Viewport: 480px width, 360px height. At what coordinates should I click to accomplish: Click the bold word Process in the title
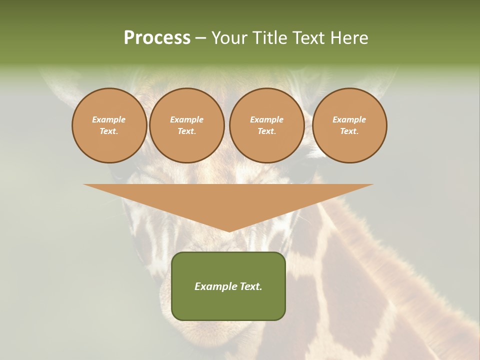157,38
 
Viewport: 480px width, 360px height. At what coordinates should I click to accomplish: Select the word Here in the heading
348,38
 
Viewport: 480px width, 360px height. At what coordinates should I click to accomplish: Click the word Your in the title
228,38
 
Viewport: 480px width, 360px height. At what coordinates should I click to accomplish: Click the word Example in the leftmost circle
109,119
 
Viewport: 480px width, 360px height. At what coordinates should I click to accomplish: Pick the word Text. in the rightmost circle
349,131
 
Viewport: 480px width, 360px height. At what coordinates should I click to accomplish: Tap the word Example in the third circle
267,119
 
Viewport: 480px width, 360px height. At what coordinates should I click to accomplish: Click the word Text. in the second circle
187,131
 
